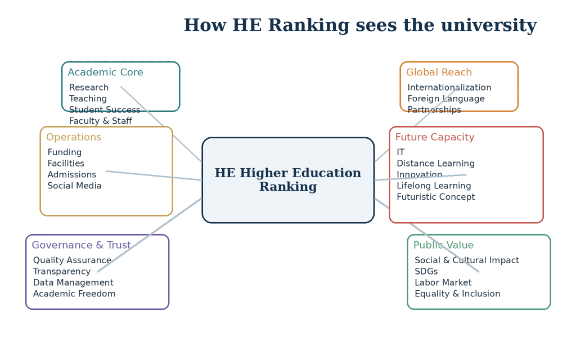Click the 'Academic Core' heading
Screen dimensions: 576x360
click(x=105, y=73)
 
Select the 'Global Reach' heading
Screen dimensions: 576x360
click(x=439, y=73)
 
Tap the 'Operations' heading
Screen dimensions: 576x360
click(x=74, y=137)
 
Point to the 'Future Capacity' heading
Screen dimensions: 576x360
click(x=435, y=137)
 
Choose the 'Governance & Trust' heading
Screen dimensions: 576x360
click(x=81, y=245)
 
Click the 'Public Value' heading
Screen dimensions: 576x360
click(x=443, y=245)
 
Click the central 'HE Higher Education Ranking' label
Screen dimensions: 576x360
click(x=288, y=179)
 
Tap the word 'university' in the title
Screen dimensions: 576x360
click(x=489, y=26)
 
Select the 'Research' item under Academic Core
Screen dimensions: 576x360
click(x=89, y=87)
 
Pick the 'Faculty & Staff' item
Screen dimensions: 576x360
click(x=101, y=121)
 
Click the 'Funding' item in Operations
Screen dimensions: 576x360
click(x=65, y=152)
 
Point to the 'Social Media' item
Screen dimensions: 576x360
click(x=75, y=186)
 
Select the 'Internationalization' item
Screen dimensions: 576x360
click(x=449, y=87)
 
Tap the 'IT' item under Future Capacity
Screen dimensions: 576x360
click(x=400, y=152)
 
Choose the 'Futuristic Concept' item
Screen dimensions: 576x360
click(x=436, y=197)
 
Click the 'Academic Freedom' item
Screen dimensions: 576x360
click(x=74, y=294)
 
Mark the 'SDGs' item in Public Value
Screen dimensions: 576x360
click(x=426, y=272)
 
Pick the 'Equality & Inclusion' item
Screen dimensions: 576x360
click(x=457, y=294)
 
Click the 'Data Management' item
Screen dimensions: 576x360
click(x=74, y=283)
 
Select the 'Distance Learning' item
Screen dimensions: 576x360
click(x=436, y=164)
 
